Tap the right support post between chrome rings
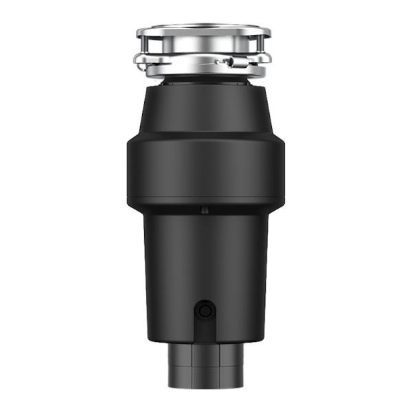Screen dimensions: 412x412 pyautogui.click(x=261, y=50)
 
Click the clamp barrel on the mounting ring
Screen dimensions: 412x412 pyautogui.click(x=234, y=62)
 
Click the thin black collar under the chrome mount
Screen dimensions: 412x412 pyautogui.click(x=205, y=80)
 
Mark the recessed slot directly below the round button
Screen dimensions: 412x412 pyautogui.click(x=204, y=330)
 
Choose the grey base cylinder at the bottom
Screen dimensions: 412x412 pyautogui.click(x=205, y=371)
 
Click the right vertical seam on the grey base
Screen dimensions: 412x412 pyautogui.click(x=220, y=371)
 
